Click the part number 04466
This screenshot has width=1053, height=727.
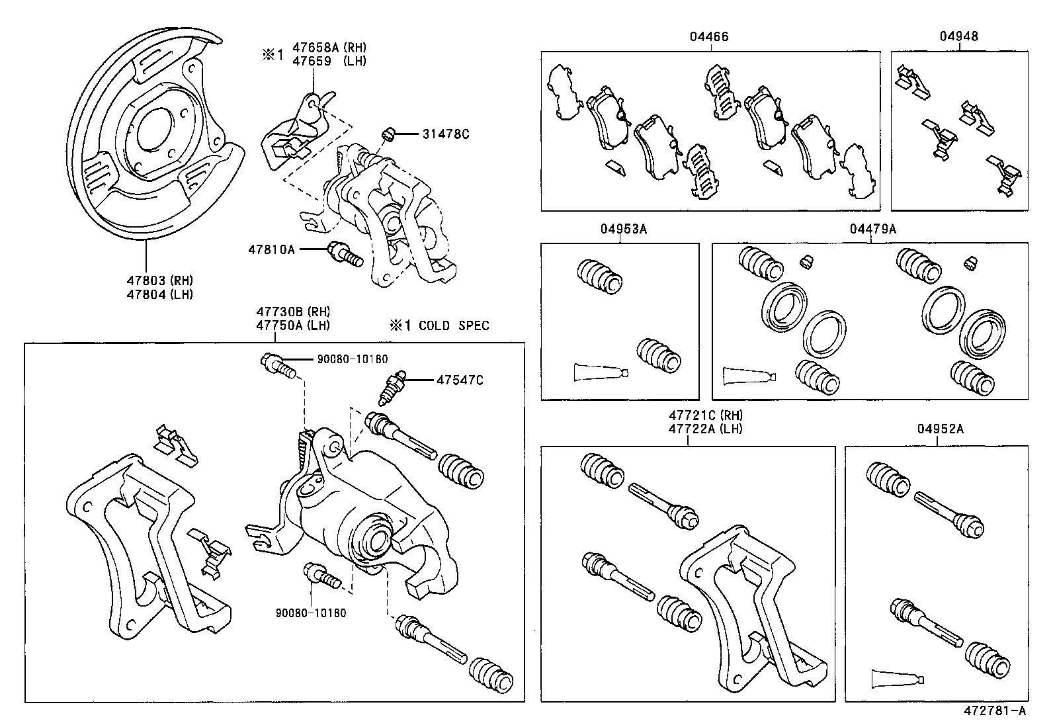coord(709,37)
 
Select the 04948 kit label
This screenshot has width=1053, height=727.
coord(959,37)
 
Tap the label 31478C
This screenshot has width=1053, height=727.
coord(446,134)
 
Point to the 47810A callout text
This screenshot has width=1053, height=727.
coord(271,249)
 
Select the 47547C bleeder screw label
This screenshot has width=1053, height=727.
coord(460,380)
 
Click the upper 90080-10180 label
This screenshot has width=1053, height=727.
coord(352,359)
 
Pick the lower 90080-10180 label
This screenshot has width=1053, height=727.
coord(311,613)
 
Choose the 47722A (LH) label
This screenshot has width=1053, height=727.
coord(706,429)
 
